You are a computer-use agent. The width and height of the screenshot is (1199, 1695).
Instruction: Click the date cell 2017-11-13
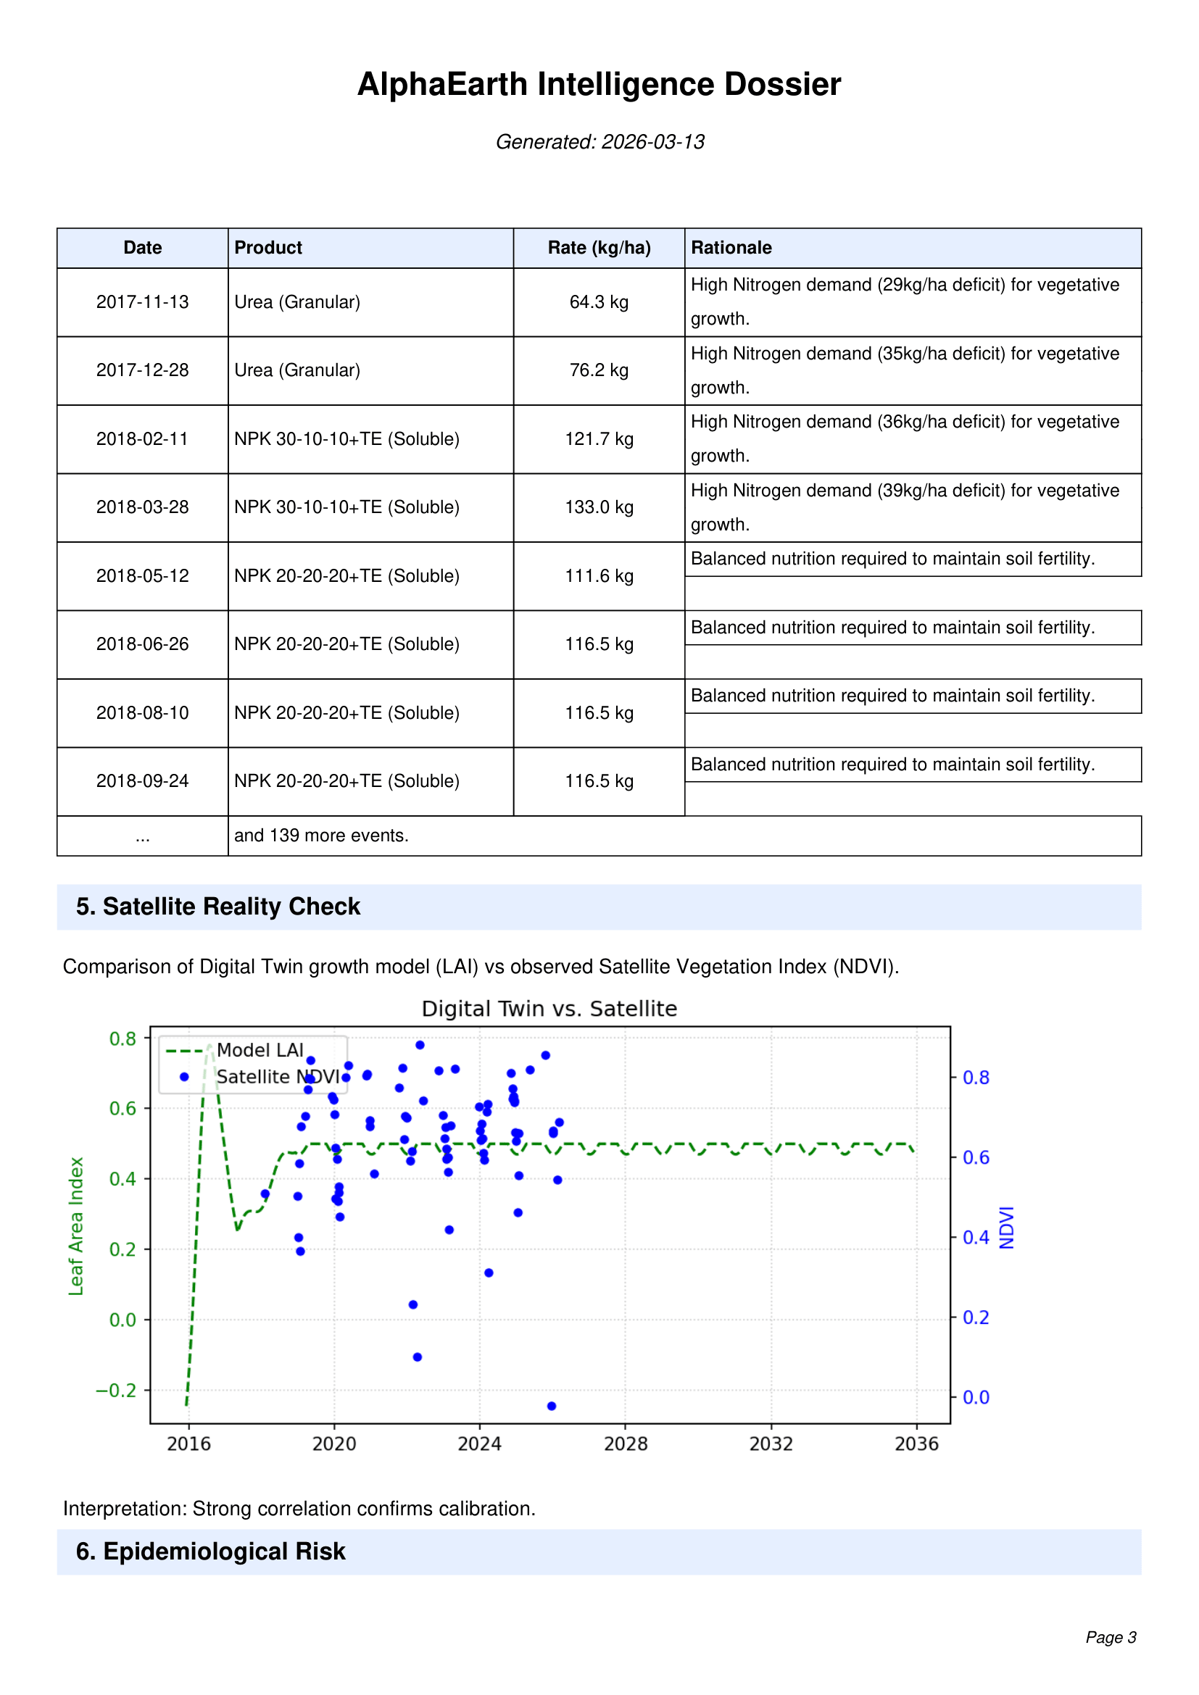click(143, 302)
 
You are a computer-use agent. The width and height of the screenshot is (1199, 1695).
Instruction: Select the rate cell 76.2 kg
click(599, 370)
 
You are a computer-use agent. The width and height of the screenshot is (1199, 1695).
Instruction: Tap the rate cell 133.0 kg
click(599, 507)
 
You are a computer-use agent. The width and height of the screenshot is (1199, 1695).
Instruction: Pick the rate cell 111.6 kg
click(599, 576)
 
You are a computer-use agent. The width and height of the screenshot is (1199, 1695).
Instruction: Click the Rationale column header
click(731, 248)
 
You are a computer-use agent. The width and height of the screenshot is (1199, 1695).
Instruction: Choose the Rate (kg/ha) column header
click(599, 248)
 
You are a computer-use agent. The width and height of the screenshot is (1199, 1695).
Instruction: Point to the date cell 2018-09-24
click(143, 781)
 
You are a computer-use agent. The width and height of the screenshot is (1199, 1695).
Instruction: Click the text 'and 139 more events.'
click(321, 836)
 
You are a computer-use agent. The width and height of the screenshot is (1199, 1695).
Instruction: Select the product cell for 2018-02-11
click(347, 439)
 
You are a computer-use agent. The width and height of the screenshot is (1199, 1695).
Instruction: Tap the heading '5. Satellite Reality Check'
click(217, 907)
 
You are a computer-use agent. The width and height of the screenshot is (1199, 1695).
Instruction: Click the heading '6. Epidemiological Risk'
click(210, 1552)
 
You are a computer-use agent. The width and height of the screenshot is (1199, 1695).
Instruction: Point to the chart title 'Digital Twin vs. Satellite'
click(549, 1009)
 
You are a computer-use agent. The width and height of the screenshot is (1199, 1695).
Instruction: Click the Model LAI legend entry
click(260, 1051)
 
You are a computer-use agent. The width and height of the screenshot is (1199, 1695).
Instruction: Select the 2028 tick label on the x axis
click(626, 1444)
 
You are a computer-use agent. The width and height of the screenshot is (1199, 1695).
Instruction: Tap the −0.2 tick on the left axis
click(116, 1390)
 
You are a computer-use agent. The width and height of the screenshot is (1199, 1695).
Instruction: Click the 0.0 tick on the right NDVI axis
click(975, 1396)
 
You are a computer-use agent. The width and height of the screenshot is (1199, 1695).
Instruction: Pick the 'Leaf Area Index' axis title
click(76, 1225)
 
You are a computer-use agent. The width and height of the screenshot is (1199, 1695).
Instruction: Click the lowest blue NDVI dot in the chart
click(552, 1406)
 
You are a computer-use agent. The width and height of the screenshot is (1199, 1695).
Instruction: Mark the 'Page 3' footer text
click(1111, 1638)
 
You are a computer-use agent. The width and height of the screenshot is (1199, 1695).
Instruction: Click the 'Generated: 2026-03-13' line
click(599, 142)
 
